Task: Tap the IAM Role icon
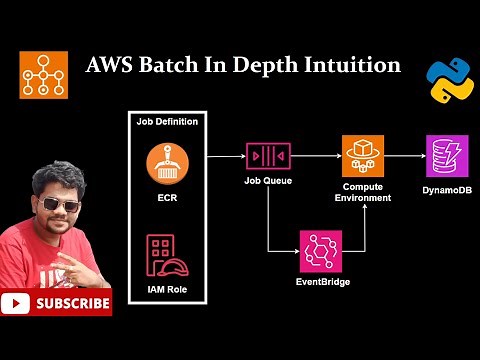tap(167, 255)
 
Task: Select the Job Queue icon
tap(267, 157)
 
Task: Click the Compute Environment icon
tap(362, 155)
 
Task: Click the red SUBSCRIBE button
tap(56, 301)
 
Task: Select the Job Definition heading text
tap(167, 122)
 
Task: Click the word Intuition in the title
tap(350, 66)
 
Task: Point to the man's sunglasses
tap(59, 206)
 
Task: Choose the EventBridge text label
tap(320, 283)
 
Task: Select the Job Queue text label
tap(267, 182)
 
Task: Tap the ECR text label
tap(167, 196)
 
